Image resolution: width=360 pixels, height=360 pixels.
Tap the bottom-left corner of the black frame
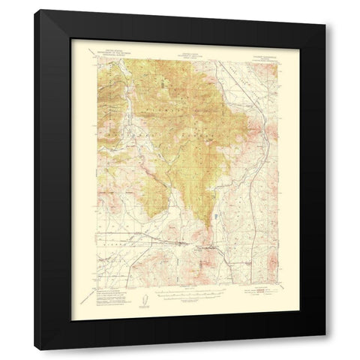click(x=34, y=350)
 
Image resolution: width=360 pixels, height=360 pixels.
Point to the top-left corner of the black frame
click(x=34, y=10)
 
